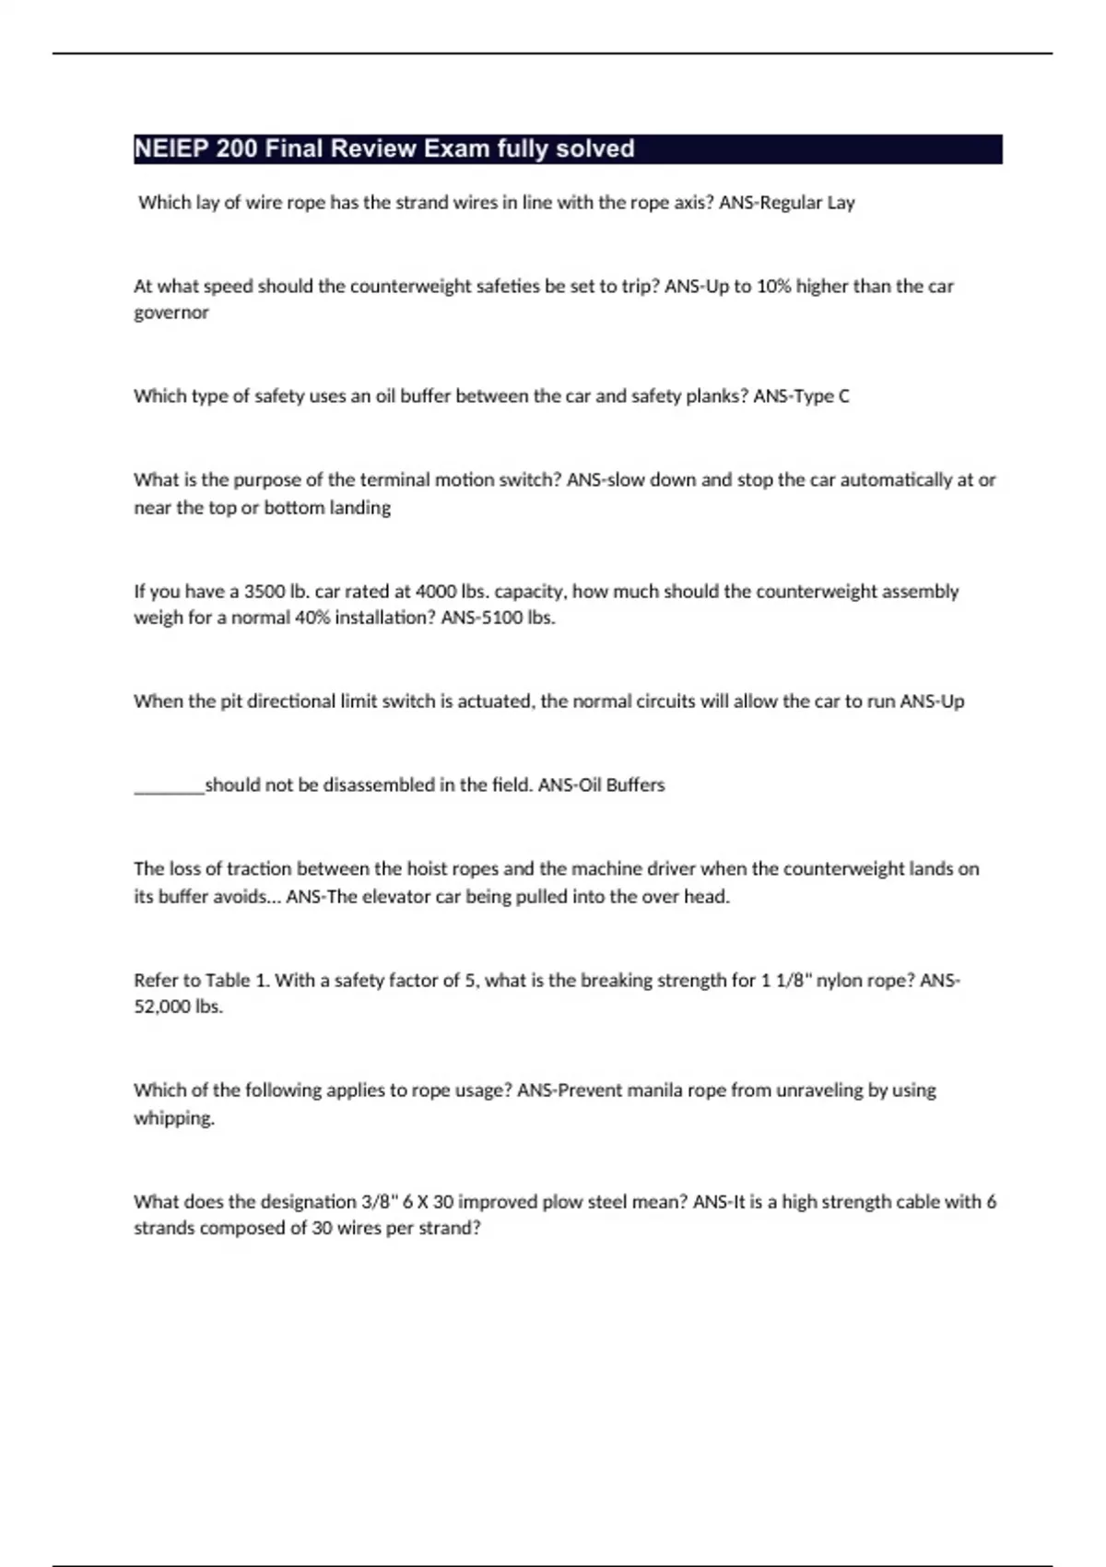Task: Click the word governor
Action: [171, 313]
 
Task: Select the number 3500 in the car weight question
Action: [265, 592]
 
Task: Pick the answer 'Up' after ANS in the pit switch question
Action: [952, 701]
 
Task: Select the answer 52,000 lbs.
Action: [178, 1007]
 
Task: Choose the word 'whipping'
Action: [173, 1119]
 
